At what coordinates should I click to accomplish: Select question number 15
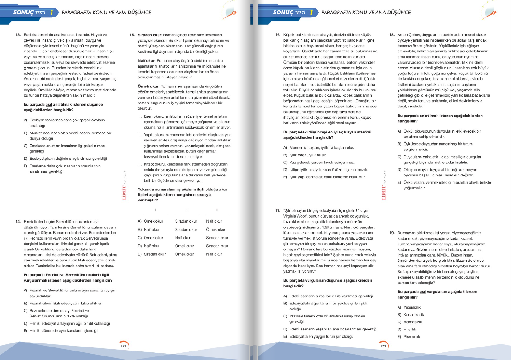pyautogui.click(x=132, y=35)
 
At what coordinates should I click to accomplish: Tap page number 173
pyautogui.click(x=383, y=346)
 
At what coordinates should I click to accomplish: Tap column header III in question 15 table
pyautogui.click(x=217, y=210)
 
